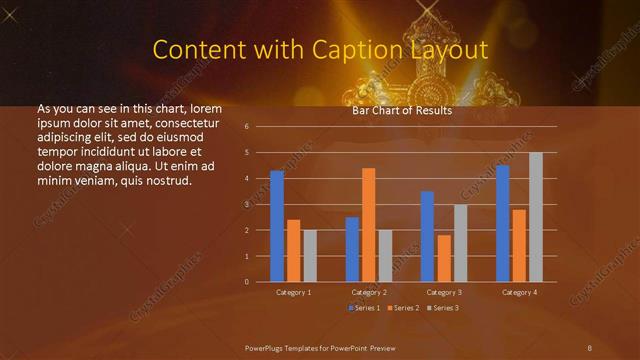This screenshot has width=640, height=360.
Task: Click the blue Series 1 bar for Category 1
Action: (277, 226)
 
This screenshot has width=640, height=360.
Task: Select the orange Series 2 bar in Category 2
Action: (368, 225)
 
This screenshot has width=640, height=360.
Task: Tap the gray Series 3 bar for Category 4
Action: (536, 217)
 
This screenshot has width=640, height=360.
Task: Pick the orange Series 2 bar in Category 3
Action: (444, 258)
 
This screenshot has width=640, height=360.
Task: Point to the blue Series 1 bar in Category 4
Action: (502, 223)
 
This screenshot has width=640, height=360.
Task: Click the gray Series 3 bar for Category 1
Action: (310, 256)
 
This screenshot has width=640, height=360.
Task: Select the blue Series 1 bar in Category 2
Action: (352, 249)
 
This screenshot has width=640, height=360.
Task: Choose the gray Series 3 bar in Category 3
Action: (460, 243)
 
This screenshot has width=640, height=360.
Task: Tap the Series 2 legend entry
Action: (404, 308)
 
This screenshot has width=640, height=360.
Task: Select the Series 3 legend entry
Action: (443, 308)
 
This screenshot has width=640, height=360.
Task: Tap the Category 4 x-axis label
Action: (518, 292)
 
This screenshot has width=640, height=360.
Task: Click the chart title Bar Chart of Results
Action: (402, 111)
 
